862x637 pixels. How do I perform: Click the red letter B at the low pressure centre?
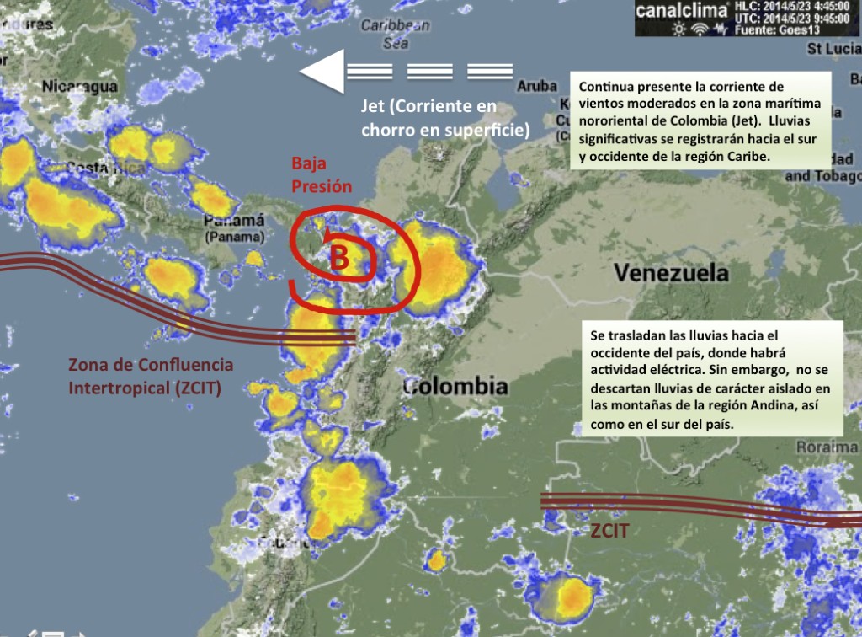coord(338,257)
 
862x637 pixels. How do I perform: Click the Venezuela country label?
coord(671,273)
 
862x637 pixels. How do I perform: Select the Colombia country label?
coord(455,387)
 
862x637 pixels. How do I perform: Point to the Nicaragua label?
coord(80,86)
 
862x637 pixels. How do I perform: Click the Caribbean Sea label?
coord(395,34)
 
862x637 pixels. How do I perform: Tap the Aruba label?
coord(537,86)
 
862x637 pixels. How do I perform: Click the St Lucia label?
coord(834,48)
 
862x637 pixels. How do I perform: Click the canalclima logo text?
coord(682,11)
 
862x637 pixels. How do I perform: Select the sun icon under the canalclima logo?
coord(678,29)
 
